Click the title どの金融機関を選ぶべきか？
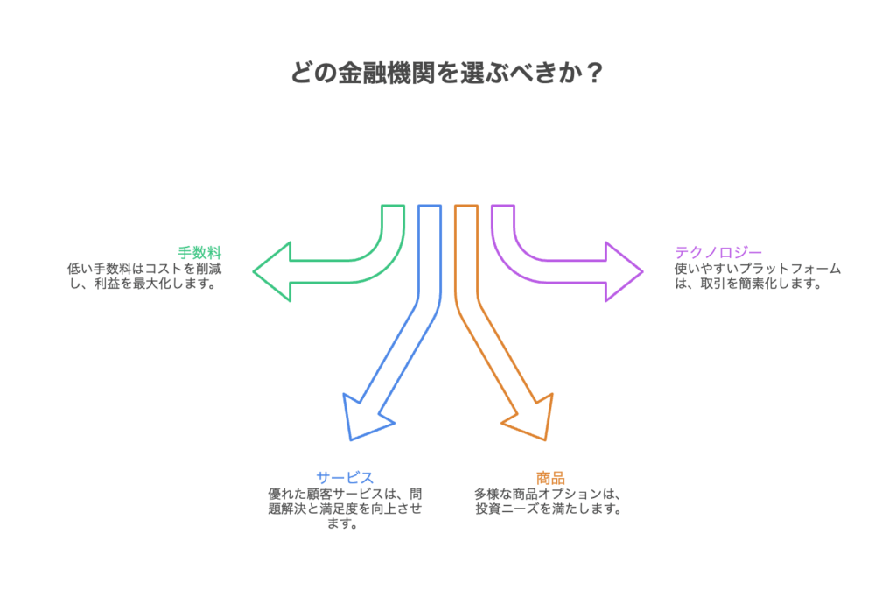tap(447, 73)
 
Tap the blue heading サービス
tap(345, 478)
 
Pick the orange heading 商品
tap(550, 478)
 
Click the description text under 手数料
tap(144, 277)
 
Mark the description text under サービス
tap(345, 509)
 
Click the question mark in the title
tap(594, 73)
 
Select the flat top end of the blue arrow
tap(429, 207)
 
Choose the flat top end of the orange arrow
tap(466, 207)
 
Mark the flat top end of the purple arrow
tap(502, 207)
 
